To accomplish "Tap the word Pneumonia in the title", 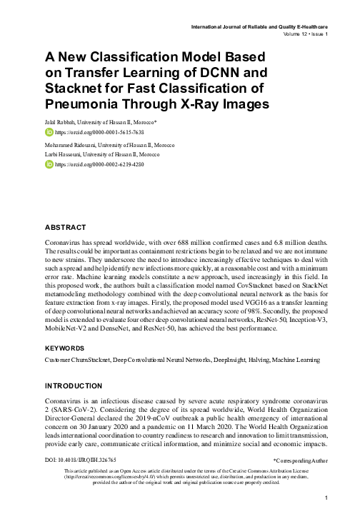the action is (x=86, y=104).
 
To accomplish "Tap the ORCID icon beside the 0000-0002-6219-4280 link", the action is (x=49, y=164).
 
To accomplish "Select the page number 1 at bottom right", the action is (x=325, y=498).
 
